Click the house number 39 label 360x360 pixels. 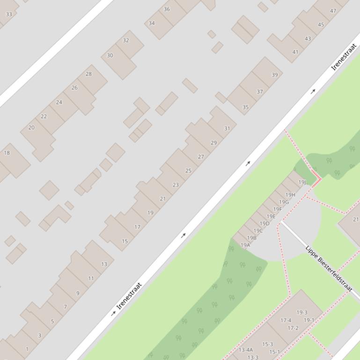(274, 75)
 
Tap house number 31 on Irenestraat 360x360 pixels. (227, 129)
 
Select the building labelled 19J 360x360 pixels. (302, 182)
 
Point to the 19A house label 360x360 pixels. (245, 245)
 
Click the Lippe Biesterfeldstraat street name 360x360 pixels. (328, 268)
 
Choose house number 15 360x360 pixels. (125, 242)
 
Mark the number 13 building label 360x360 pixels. (104, 264)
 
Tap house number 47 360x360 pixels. (333, 11)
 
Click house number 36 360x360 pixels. (167, 9)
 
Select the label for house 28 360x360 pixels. (88, 74)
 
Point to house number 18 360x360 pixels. (7, 153)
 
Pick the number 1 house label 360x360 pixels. (27, 349)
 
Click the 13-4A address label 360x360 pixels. (246, 350)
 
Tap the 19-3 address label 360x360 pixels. (302, 312)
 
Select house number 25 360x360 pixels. (188, 171)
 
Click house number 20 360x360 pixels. (31, 128)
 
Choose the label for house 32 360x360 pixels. (125, 41)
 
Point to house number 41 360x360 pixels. (295, 52)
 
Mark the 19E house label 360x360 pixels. (271, 216)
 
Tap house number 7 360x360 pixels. (65, 307)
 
